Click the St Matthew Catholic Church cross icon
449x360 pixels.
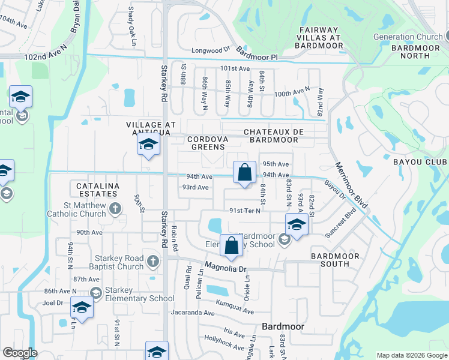click(x=116, y=209)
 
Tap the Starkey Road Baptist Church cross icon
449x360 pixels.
click(x=153, y=261)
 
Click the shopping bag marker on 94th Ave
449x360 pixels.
click(x=244, y=173)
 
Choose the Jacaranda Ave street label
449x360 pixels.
click(x=192, y=313)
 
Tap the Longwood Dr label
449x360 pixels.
click(x=211, y=51)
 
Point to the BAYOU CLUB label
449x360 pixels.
click(x=420, y=163)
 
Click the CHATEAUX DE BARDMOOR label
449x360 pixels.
click(x=271, y=136)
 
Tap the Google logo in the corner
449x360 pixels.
click(x=20, y=353)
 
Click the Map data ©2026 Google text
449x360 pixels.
click(x=412, y=355)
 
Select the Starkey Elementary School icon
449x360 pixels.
click(x=95, y=293)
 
